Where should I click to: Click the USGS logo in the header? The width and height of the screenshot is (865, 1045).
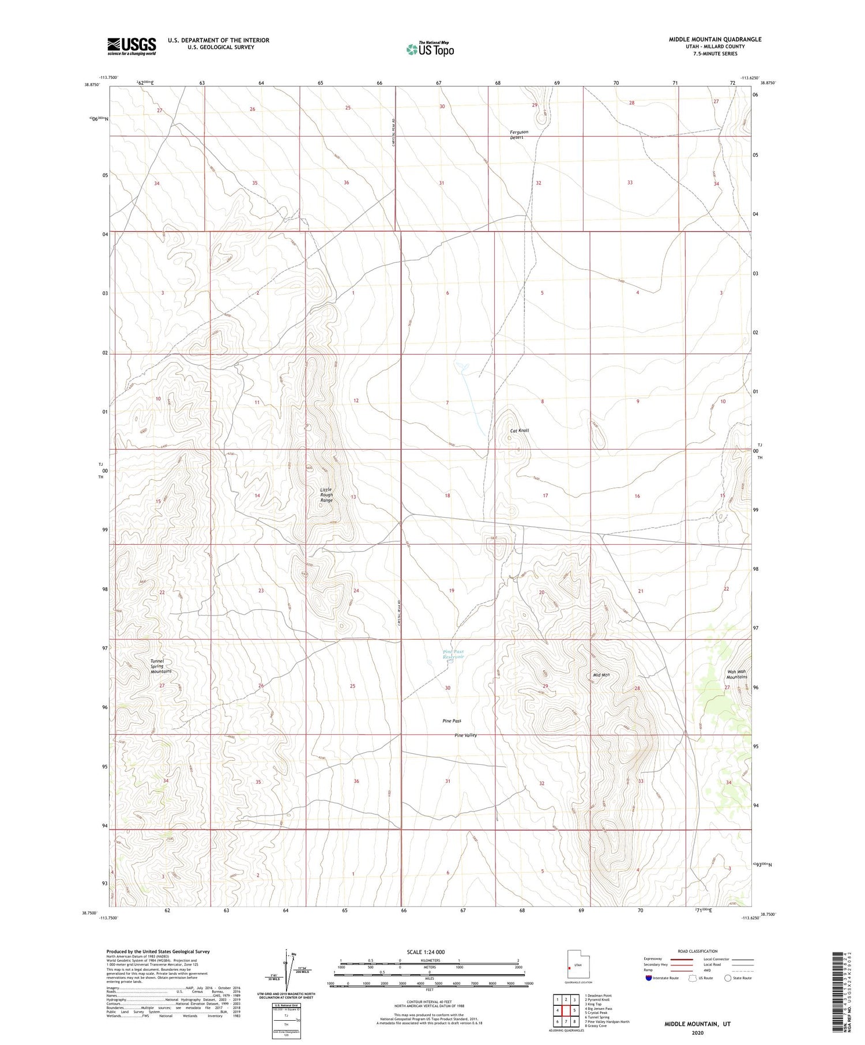point(131,46)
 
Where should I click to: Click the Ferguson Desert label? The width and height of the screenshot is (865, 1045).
point(519,135)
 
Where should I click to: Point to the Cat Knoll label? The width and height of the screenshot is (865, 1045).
point(519,431)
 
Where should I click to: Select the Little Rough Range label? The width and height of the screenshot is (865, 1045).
point(327,495)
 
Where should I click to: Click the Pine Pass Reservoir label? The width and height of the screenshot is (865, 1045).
point(453,654)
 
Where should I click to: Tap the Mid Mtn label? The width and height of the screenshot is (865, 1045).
point(601,675)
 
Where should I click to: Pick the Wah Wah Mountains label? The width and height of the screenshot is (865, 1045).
point(736,674)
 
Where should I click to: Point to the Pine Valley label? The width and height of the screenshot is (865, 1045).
point(465,735)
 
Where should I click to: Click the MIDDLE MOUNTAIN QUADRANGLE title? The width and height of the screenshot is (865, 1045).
point(715,39)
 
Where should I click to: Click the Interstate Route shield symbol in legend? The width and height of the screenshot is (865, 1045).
point(649,978)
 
